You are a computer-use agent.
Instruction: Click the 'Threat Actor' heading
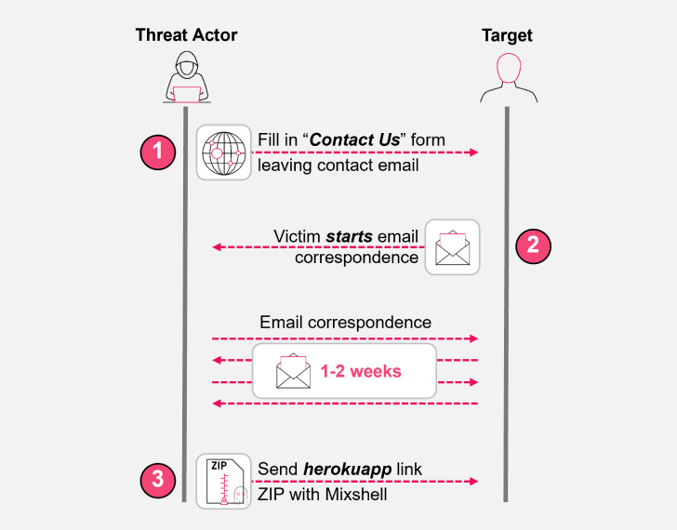point(186,35)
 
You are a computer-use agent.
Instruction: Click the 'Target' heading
point(507,35)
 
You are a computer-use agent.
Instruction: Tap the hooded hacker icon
point(186,76)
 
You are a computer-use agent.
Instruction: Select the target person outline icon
point(508,77)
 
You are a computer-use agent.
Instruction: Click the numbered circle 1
point(157,152)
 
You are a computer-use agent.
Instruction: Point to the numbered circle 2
point(532,245)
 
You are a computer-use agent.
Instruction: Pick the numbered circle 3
point(157,480)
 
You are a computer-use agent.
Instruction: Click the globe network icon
point(223,152)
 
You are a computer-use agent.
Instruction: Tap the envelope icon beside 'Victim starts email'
point(452,246)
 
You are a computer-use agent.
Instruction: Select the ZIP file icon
point(223,480)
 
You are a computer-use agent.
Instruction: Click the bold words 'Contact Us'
point(353,140)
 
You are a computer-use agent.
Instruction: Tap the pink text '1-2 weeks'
point(361,371)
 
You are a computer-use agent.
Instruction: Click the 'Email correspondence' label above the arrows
point(345,323)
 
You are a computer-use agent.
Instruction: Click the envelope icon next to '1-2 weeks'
point(292,370)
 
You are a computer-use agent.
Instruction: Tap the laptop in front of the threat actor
point(186,94)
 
